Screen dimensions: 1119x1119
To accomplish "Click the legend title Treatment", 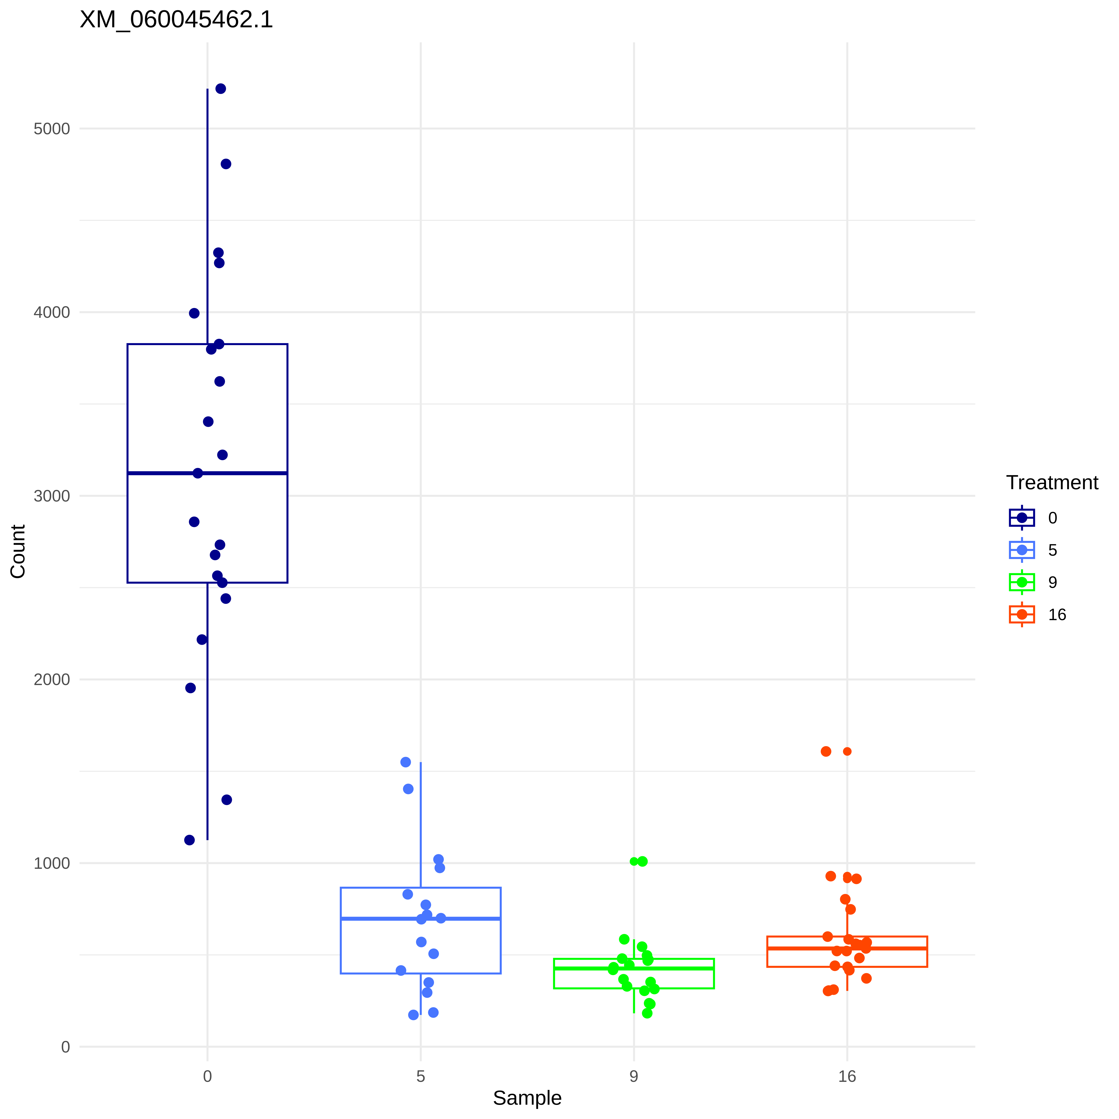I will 1052,483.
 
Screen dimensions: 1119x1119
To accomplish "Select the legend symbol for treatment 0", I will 1022,518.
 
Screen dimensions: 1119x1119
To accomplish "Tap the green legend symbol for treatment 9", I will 1022,582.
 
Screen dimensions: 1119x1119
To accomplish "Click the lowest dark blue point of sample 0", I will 189,840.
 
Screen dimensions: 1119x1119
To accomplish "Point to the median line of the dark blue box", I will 243,473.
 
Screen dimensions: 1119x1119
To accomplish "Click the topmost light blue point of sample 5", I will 406,762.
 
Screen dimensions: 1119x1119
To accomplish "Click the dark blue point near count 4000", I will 194,313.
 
